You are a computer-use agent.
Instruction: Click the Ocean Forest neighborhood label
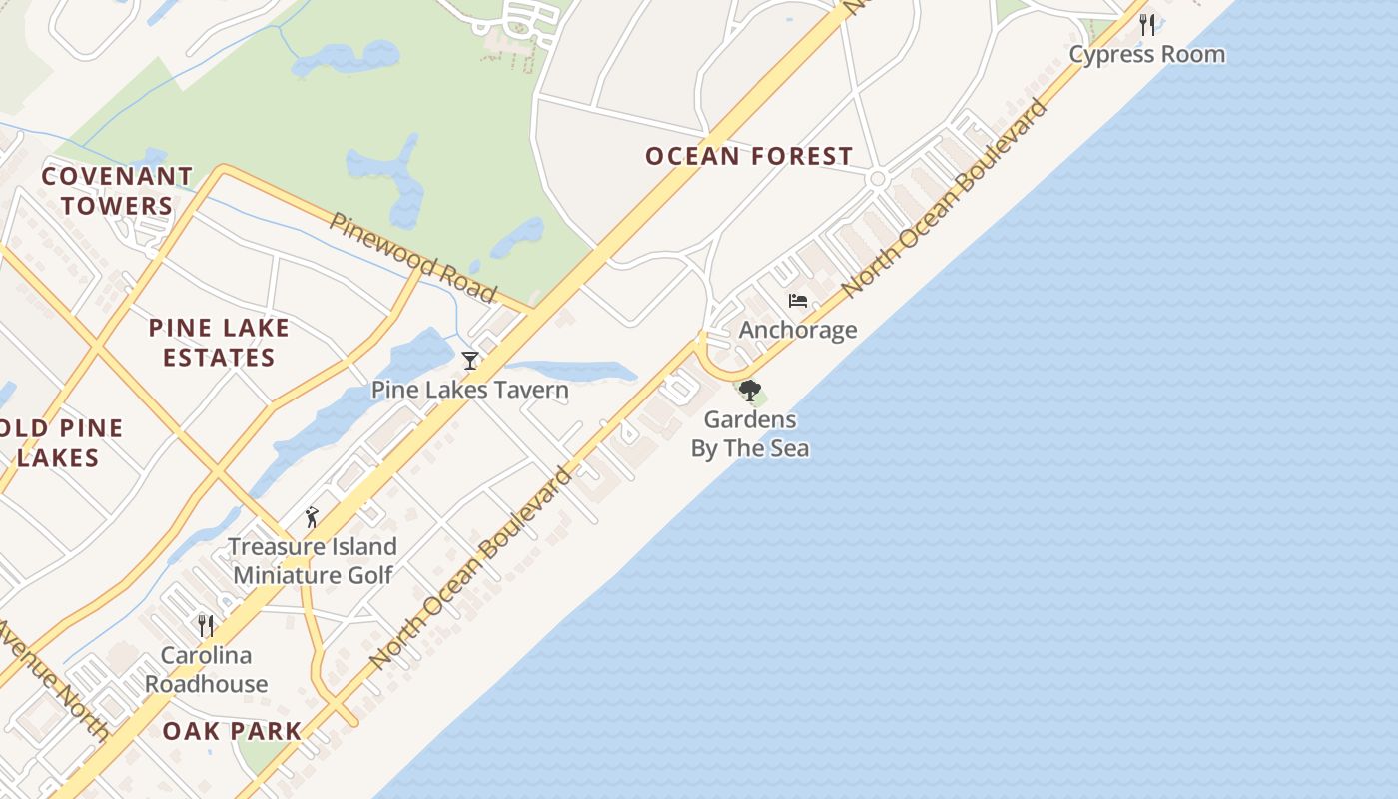(x=748, y=156)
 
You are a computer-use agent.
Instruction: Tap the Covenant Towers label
(x=117, y=191)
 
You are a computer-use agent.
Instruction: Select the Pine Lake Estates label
(x=219, y=343)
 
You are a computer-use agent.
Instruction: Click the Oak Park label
(x=232, y=731)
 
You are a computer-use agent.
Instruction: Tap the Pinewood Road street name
(x=413, y=257)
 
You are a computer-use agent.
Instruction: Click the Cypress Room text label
(x=1146, y=54)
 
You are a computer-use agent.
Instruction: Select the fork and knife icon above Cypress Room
(x=1147, y=25)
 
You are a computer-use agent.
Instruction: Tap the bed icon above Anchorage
(x=797, y=300)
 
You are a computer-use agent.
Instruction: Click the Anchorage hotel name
(x=797, y=330)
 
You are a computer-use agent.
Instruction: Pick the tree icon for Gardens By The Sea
(x=749, y=391)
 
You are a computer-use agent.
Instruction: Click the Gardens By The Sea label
(x=749, y=434)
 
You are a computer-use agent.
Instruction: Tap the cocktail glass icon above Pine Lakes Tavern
(x=470, y=361)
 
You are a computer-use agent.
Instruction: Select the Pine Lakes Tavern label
(x=469, y=390)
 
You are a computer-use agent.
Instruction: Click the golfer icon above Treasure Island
(x=312, y=517)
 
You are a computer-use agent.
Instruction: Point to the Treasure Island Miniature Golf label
(x=313, y=560)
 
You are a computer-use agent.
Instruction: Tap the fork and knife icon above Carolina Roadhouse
(x=206, y=626)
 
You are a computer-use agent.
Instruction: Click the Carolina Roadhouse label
(x=207, y=669)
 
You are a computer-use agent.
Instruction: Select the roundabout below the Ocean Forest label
(x=878, y=179)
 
